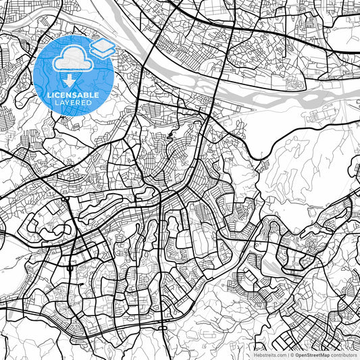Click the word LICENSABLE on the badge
(x=73, y=95)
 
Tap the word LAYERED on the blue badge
(x=73, y=103)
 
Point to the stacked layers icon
(x=102, y=48)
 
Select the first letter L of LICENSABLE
(x=48, y=95)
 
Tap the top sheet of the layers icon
(x=102, y=45)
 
